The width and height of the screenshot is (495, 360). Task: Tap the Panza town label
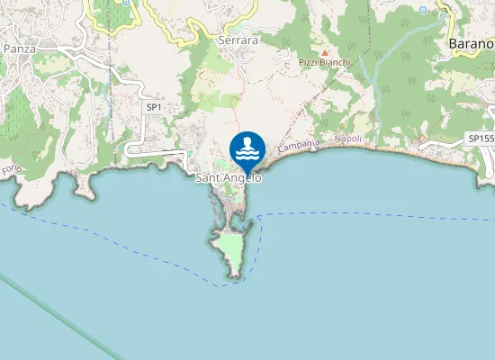click(x=18, y=49)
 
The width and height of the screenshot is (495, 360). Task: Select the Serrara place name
click(x=238, y=40)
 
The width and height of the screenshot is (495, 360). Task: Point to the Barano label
click(x=471, y=42)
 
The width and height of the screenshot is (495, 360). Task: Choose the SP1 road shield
click(x=154, y=107)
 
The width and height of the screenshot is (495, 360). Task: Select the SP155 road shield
click(x=480, y=138)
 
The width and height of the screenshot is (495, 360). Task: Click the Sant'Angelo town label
click(x=229, y=179)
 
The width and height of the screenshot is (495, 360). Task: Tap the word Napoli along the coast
click(x=347, y=139)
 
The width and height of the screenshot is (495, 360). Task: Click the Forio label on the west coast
click(x=11, y=169)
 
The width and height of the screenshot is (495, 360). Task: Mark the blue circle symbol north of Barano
click(x=423, y=9)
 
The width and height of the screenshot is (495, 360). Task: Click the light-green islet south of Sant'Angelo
click(x=229, y=249)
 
